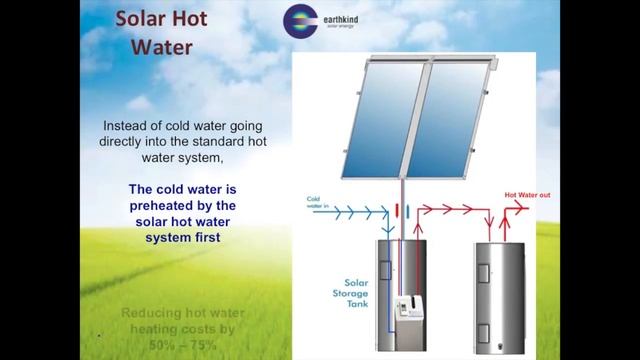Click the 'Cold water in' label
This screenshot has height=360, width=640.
318,203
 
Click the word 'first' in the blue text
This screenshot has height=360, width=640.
206,239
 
